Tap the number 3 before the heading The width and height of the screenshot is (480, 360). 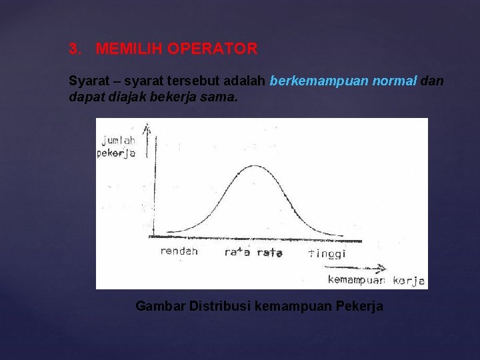pos(74,49)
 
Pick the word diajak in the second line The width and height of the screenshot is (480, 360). pos(126,97)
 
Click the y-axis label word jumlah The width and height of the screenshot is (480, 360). pos(119,140)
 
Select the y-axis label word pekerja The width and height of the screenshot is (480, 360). pos(116,153)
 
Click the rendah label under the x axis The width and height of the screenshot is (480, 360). pos(179,251)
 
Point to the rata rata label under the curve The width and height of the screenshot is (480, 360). pos(253,252)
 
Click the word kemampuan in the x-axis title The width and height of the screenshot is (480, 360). pos(356,280)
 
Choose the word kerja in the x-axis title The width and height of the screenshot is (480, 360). pos(409,281)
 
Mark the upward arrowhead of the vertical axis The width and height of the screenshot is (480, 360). pos(147,127)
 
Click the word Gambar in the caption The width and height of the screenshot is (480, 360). pos(160,306)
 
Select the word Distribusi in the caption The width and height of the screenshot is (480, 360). pos(220,306)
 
